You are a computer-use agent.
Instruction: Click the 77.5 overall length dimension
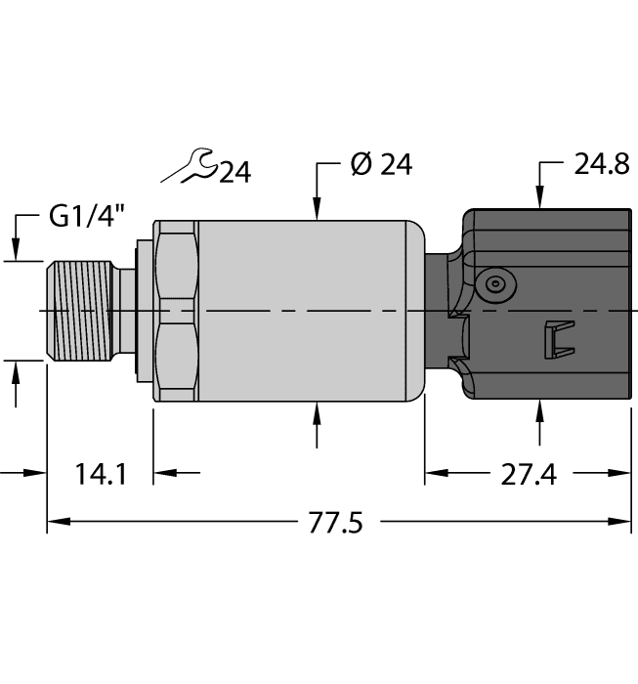(335, 523)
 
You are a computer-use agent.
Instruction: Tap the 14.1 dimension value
(101, 475)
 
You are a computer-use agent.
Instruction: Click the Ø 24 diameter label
(380, 165)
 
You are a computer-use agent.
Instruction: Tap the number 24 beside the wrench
(234, 173)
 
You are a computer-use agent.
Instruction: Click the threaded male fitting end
(78, 311)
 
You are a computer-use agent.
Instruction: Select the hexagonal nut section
(176, 311)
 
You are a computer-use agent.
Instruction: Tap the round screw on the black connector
(496, 284)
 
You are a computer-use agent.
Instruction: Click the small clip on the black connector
(553, 339)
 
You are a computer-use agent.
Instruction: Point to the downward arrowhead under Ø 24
(318, 210)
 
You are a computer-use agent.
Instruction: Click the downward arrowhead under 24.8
(539, 200)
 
